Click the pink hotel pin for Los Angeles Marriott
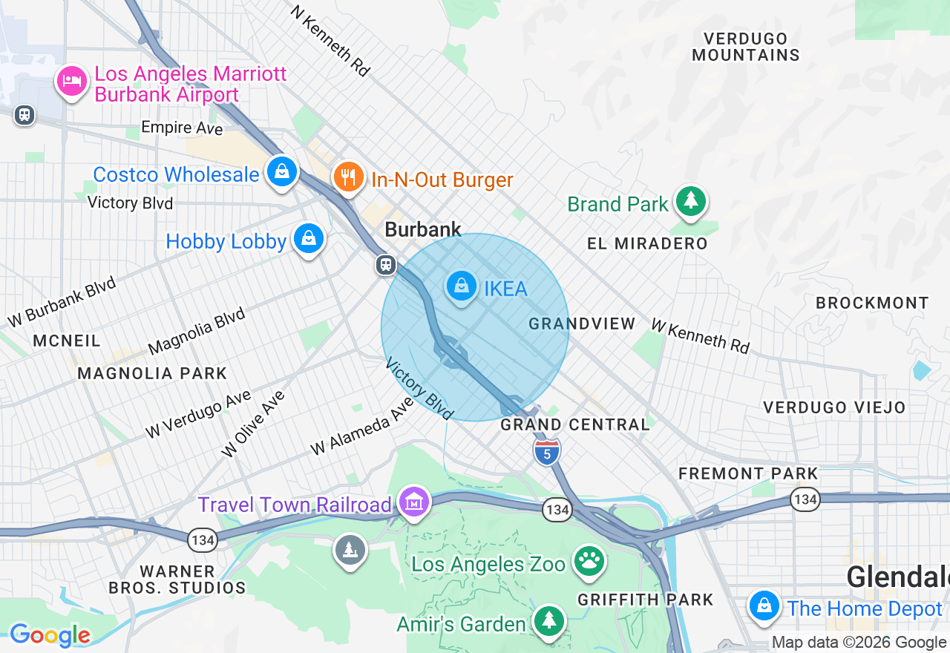[71, 82]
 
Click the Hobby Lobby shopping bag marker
[308, 239]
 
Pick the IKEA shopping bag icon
[461, 286]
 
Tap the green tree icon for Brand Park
[691, 201]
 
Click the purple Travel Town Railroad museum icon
[414, 502]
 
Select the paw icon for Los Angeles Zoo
[590, 562]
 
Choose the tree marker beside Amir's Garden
[548, 621]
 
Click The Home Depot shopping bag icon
[763, 606]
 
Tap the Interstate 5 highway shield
[546, 451]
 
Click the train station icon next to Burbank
[385, 265]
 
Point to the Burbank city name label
[423, 230]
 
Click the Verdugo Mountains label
[746, 46]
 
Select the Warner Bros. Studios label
[177, 580]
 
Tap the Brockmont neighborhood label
[872, 303]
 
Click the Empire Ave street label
[182, 128]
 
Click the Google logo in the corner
[50, 635]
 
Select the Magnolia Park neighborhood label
[152, 373]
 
